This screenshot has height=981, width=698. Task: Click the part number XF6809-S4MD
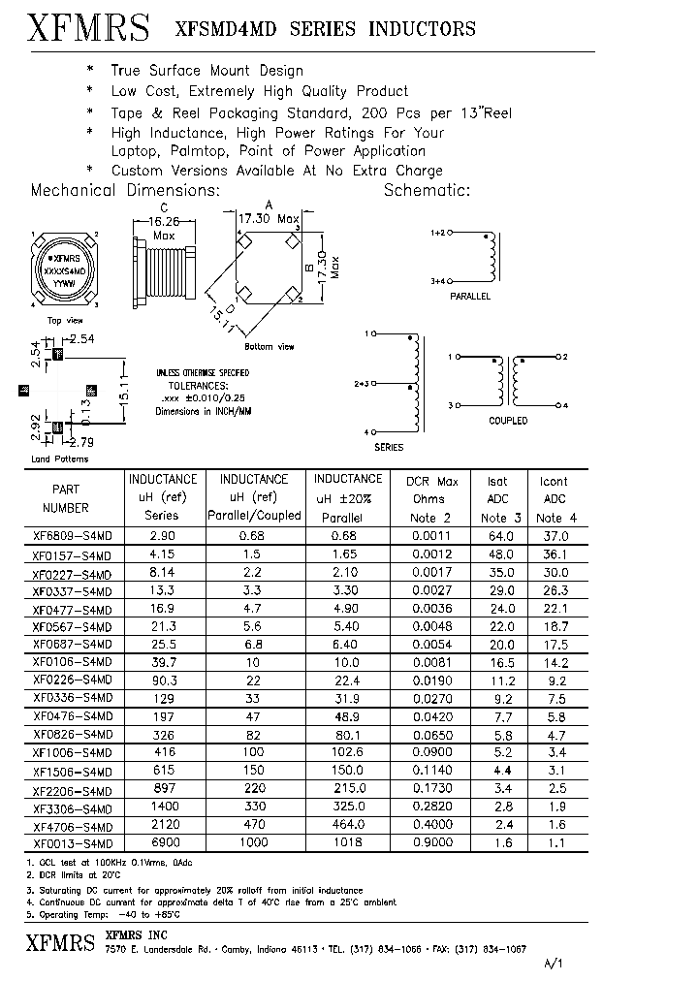[x=73, y=535]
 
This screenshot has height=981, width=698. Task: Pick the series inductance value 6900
[x=162, y=842]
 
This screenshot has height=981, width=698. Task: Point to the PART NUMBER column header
[x=66, y=498]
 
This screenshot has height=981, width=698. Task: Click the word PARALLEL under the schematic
[x=470, y=296]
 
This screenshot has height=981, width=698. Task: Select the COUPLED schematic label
[x=508, y=421]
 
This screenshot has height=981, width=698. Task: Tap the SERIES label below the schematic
[x=388, y=448]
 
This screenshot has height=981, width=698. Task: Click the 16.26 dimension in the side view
[x=163, y=221]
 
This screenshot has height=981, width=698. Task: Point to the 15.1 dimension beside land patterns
[x=124, y=395]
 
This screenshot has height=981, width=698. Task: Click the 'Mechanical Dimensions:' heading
[x=126, y=190]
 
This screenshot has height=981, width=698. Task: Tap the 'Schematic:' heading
[x=427, y=190]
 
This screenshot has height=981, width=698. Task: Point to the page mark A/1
[x=552, y=965]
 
